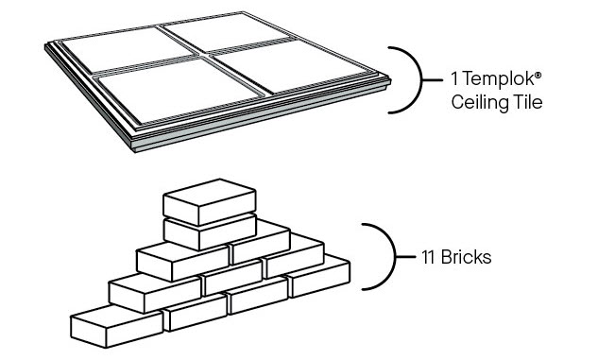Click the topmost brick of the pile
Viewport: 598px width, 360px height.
click(x=210, y=202)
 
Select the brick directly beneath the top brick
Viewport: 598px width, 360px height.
click(x=210, y=233)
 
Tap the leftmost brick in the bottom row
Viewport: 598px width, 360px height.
click(x=116, y=326)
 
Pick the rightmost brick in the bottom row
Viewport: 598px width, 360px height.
click(x=318, y=276)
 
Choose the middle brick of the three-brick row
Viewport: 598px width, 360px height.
click(x=232, y=276)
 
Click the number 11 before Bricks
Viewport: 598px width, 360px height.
click(x=428, y=257)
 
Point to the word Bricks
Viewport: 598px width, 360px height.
click(x=466, y=257)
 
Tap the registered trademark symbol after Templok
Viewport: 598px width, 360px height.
click(x=538, y=75)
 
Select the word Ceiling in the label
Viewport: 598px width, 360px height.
click(x=480, y=102)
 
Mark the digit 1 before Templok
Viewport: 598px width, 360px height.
click(x=454, y=79)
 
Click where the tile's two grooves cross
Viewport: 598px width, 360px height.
click(x=203, y=55)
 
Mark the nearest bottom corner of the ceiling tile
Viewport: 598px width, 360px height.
click(x=134, y=150)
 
